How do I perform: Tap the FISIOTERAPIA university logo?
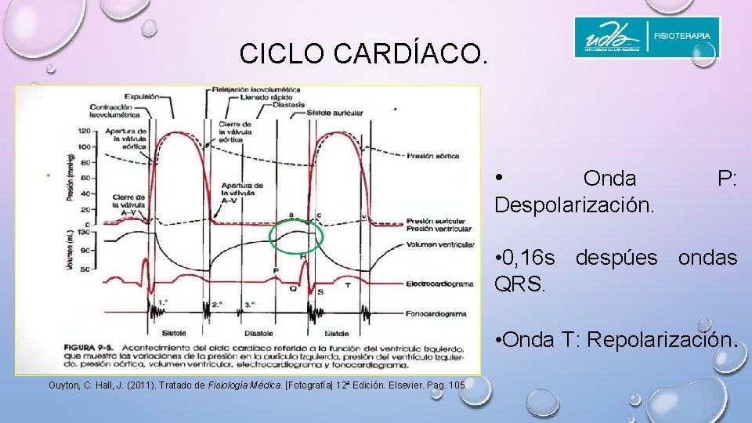point(646,38)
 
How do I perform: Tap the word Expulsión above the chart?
point(142,96)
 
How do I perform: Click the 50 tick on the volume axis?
point(85,269)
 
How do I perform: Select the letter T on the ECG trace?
point(346,285)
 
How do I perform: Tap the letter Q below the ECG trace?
point(292,287)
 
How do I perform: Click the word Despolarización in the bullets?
point(574,206)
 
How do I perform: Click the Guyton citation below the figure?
point(258,385)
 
